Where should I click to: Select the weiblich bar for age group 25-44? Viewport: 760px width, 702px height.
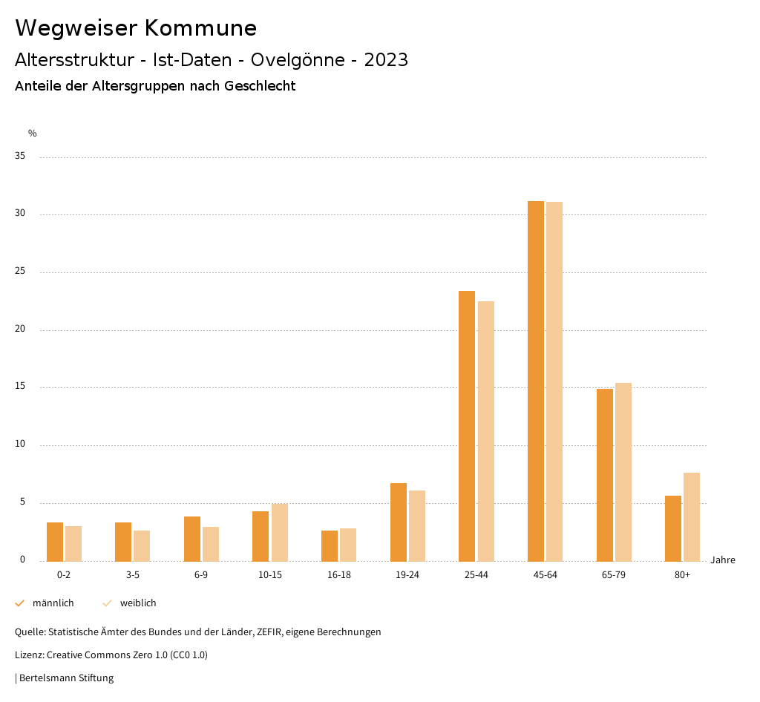coord(486,431)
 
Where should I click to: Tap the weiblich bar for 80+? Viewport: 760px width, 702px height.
coord(692,516)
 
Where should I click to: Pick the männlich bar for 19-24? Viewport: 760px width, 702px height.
coord(399,522)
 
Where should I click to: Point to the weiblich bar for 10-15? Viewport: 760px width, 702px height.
coord(280,532)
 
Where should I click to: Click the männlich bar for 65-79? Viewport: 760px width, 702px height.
coord(605,475)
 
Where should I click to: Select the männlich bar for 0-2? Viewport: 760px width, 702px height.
coord(55,542)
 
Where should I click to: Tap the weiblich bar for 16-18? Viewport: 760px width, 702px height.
coord(348,545)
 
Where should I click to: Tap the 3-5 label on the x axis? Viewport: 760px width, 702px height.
coord(133,575)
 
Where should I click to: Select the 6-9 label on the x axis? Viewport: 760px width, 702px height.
coord(201,575)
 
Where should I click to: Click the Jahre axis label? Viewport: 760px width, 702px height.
coord(722,560)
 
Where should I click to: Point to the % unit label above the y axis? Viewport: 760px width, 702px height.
coord(33,134)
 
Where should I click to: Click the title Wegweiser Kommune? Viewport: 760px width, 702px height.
coord(136,28)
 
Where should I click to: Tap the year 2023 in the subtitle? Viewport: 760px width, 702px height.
coord(386,60)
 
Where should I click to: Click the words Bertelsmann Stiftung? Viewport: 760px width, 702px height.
coord(66,678)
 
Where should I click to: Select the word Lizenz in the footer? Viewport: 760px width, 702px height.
coord(29,655)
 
